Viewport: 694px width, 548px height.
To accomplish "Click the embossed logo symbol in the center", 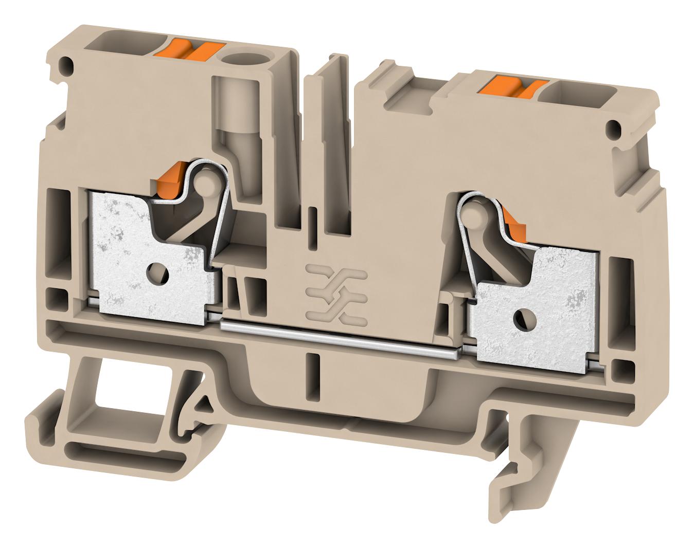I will tap(336, 295).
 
